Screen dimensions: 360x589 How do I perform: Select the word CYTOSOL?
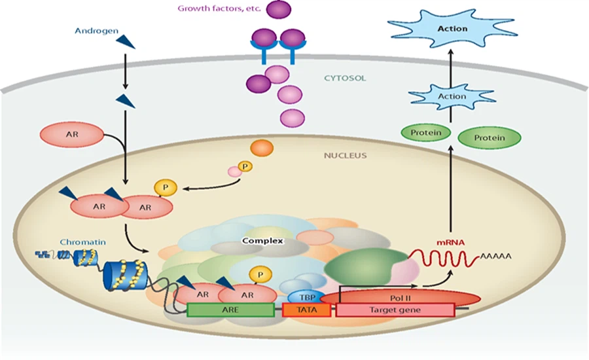point(345,79)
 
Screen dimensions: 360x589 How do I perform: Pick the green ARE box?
point(230,310)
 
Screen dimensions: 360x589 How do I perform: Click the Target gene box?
point(395,310)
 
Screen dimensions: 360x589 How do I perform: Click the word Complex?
point(262,241)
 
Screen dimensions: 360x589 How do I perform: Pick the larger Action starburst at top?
point(452,28)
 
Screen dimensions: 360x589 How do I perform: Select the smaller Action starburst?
point(452,96)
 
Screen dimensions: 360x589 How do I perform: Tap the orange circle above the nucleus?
point(262,148)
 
